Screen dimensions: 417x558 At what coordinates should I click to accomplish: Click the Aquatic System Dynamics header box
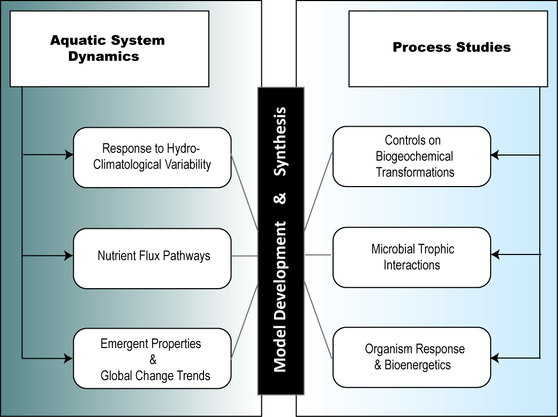[109, 49]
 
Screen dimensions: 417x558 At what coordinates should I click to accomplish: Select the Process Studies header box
[448, 49]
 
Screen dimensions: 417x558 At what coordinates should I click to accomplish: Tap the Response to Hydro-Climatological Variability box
[152, 157]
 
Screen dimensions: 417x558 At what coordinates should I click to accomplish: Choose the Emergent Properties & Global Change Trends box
[152, 358]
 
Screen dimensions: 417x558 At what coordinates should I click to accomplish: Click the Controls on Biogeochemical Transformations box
[411, 156]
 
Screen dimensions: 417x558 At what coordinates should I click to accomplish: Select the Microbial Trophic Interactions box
[411, 257]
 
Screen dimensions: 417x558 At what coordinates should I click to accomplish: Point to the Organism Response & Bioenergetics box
[411, 357]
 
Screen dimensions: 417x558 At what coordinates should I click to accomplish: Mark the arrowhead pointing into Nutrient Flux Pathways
[69, 256]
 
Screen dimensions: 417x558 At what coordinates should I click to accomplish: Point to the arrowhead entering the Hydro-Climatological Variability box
[69, 155]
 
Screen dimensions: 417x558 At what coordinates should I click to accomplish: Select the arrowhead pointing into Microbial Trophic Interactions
[495, 255]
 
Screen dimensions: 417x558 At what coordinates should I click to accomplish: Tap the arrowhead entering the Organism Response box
[495, 357]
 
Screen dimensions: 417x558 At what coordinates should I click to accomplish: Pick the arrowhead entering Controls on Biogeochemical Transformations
[495, 155]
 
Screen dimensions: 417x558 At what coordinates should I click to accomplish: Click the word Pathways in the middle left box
[187, 256]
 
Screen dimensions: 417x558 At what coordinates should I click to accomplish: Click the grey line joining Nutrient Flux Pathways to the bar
[245, 256]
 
